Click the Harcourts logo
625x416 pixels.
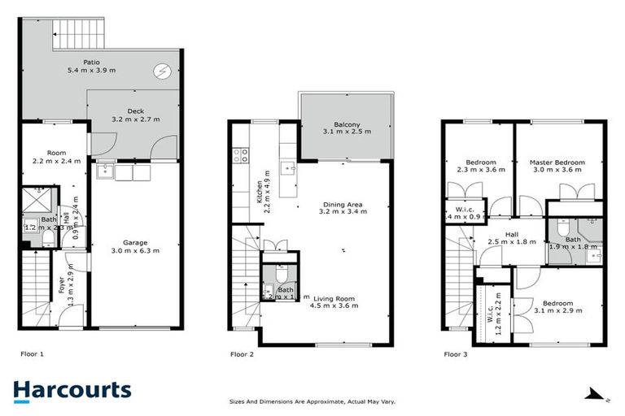tap(72, 390)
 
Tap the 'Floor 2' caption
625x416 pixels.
tap(243, 354)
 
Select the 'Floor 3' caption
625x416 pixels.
tap(456, 354)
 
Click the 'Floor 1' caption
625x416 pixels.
tap(32, 354)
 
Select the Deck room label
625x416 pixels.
tap(135, 112)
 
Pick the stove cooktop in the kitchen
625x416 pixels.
tap(242, 152)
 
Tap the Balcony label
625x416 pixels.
tap(347, 125)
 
